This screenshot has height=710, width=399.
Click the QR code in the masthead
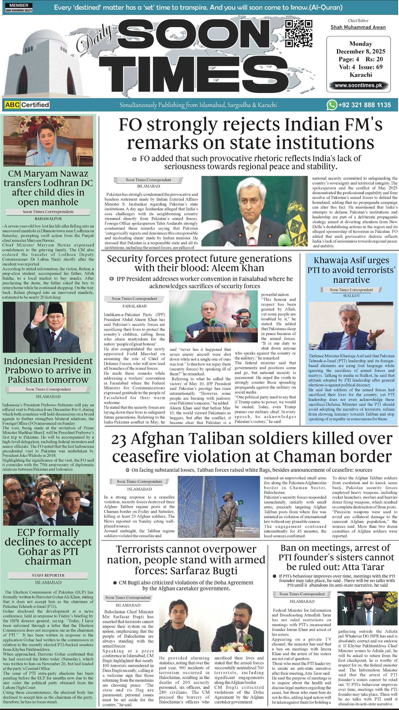298,33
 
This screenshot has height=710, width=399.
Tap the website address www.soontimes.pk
358,85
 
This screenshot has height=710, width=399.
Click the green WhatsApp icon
331,105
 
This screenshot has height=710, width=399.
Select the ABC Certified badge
27,105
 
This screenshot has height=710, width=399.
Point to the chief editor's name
358,27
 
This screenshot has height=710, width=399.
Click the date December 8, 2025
361,52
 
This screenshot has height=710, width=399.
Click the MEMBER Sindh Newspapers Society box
19,8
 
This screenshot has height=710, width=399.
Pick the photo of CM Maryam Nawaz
48,141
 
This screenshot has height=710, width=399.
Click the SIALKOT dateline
351,296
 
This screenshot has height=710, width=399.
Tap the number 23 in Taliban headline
119,440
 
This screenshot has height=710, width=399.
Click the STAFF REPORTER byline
48,575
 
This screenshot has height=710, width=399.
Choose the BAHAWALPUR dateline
48,219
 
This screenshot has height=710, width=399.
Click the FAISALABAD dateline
134,306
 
